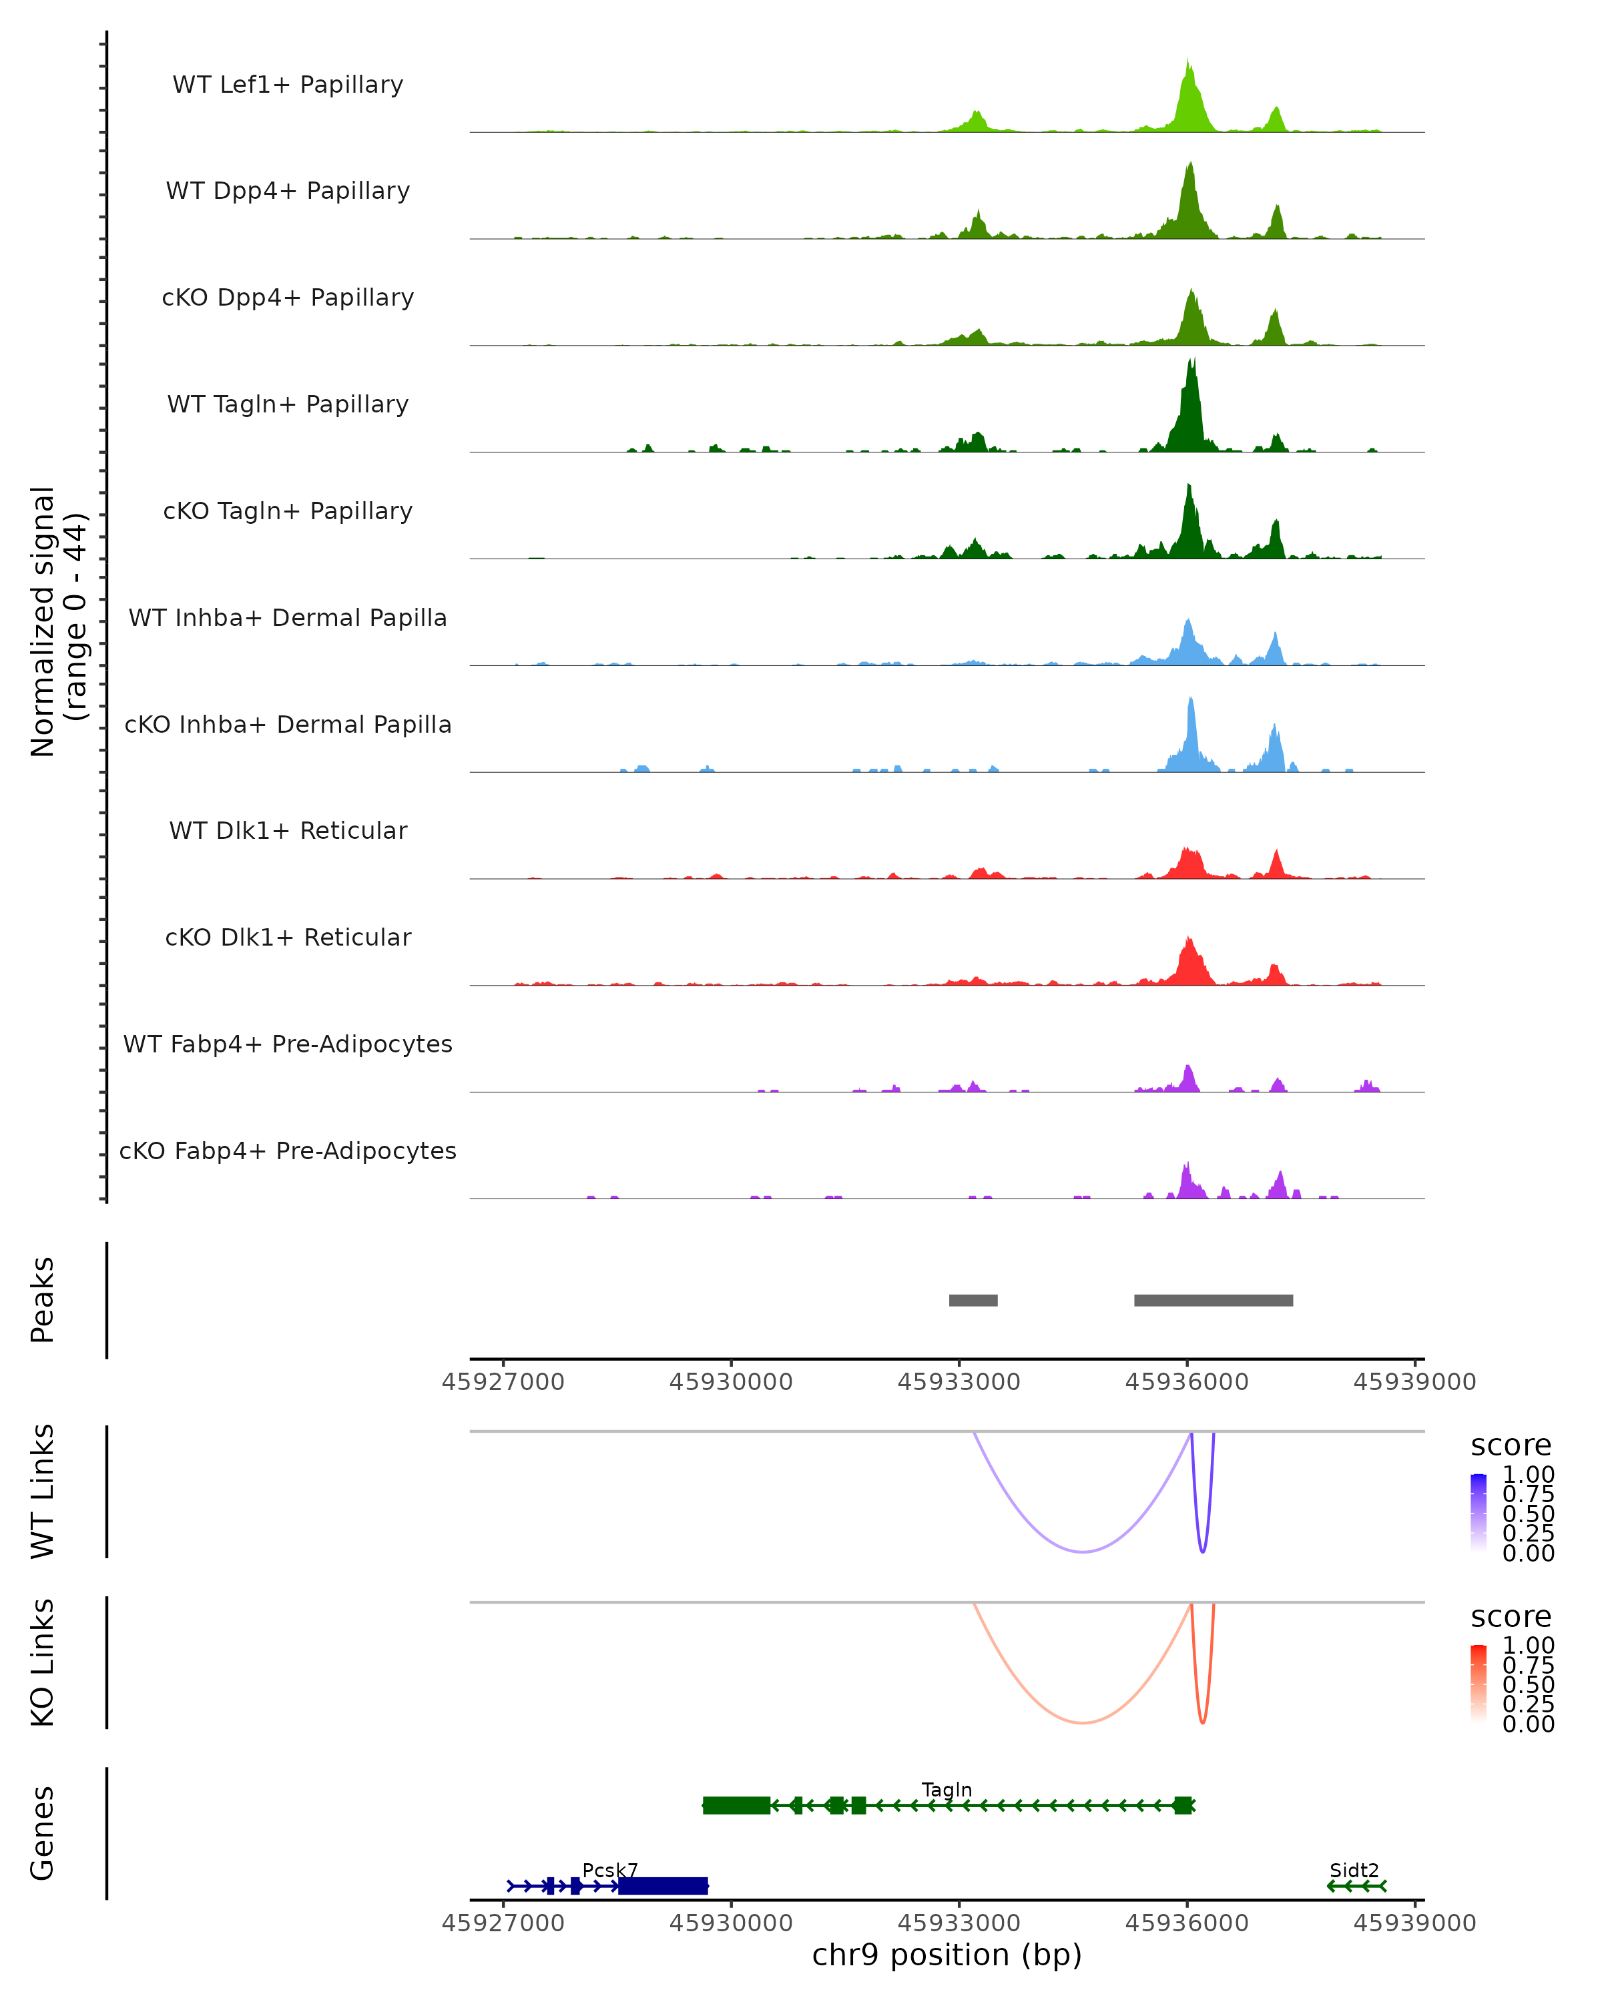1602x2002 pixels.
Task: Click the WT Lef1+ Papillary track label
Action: click(288, 85)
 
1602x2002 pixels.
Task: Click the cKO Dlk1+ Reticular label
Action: click(288, 937)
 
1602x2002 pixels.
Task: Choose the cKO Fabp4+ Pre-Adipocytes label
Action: click(288, 1150)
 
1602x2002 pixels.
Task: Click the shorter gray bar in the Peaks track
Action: click(973, 1300)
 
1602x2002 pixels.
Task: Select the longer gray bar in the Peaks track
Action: click(1213, 1300)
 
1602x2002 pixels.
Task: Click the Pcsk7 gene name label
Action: click(610, 1870)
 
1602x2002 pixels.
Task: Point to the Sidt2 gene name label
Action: click(1354, 1870)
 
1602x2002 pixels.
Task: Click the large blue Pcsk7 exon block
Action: click(663, 1886)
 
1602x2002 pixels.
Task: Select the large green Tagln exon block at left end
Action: click(736, 1805)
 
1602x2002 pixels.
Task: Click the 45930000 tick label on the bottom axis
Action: click(731, 1923)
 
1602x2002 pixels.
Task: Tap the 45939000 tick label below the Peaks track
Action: click(1414, 1382)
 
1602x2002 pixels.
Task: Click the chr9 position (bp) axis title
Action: click(947, 1955)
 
